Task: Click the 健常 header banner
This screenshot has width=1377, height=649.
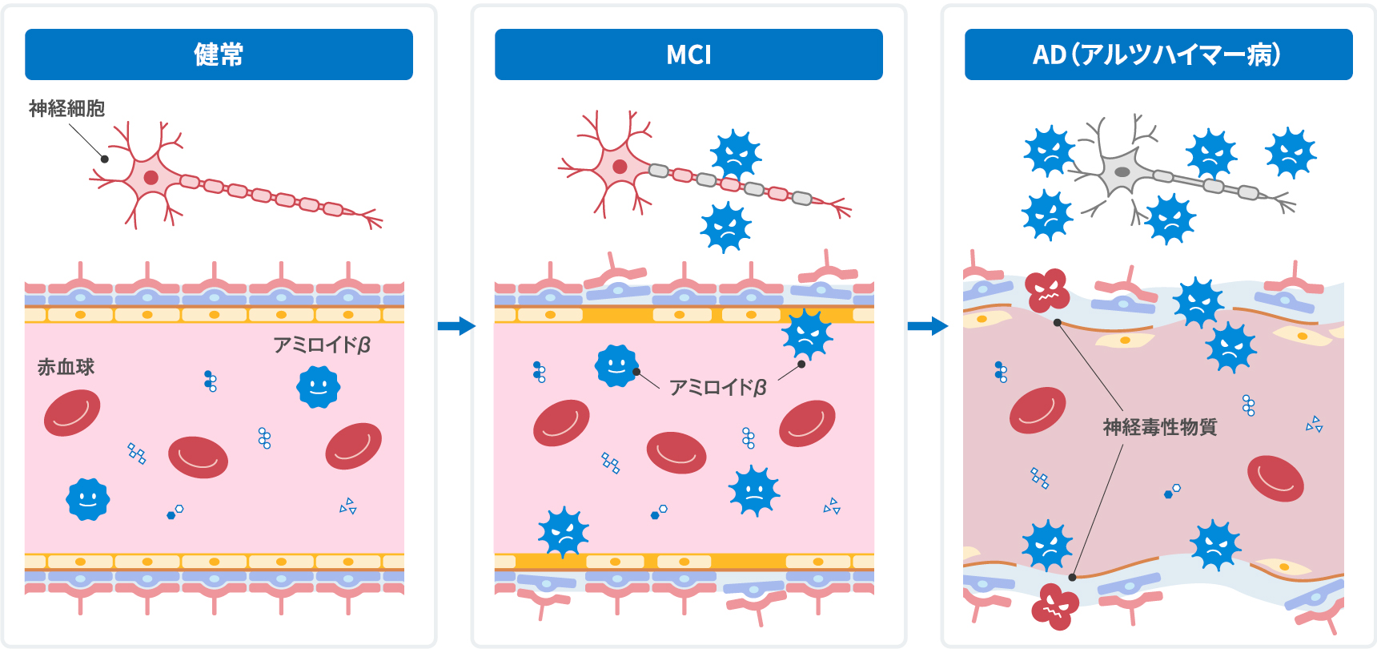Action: point(219,54)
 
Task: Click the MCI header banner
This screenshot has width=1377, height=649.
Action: point(688,54)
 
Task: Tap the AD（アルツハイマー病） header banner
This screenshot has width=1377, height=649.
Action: point(1158,54)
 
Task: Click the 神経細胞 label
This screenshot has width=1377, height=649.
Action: point(67,108)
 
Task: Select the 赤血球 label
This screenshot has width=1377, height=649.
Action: point(66,367)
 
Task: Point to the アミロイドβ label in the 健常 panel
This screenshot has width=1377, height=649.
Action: point(322,345)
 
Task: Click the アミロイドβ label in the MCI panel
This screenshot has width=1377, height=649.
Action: point(717,388)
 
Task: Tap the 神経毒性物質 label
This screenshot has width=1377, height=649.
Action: point(1159,427)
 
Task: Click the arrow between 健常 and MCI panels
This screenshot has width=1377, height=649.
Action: point(456,325)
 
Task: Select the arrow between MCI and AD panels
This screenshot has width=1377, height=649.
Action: point(927,325)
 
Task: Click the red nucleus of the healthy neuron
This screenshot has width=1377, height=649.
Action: point(151,177)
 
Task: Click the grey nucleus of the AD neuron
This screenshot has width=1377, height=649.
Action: point(1122,172)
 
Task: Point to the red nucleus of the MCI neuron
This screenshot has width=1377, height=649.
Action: point(620,167)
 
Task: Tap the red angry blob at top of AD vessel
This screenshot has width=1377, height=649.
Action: point(1047,290)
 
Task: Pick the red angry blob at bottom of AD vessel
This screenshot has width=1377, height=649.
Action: point(1054,607)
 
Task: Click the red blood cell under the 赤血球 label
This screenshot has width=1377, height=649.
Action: point(72,413)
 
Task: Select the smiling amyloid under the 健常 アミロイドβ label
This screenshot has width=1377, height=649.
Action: point(318,387)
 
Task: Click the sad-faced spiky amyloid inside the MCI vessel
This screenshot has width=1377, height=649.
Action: point(753,490)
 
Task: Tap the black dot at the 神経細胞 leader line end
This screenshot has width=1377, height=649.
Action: point(104,159)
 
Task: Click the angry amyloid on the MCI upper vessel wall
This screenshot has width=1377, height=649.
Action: point(807,335)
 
